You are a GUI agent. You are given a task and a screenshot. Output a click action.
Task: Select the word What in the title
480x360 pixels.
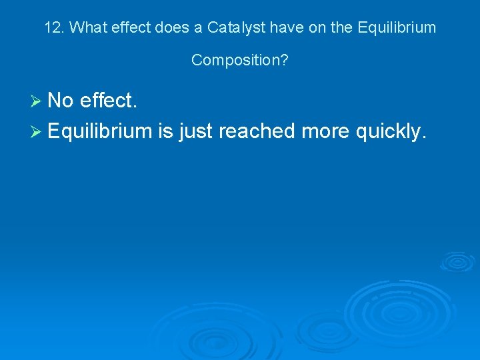click(x=86, y=28)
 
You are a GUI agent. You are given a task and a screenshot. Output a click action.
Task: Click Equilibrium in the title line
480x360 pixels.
click(x=397, y=28)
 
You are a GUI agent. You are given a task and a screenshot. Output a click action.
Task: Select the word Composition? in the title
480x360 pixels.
click(x=240, y=60)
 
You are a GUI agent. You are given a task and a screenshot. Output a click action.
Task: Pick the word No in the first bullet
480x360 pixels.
click(x=61, y=101)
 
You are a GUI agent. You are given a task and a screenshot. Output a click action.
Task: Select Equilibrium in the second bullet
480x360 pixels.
click(x=100, y=131)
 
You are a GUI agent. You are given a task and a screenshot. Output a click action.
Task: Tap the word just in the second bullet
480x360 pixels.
click(x=195, y=132)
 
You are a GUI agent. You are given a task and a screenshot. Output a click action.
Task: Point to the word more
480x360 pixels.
click(x=325, y=131)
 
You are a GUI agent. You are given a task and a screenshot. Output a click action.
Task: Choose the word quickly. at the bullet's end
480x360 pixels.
click(x=390, y=131)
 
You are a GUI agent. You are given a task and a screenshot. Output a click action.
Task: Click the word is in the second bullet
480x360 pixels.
click(x=165, y=131)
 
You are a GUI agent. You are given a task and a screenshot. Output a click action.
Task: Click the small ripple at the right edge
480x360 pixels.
click(x=457, y=261)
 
